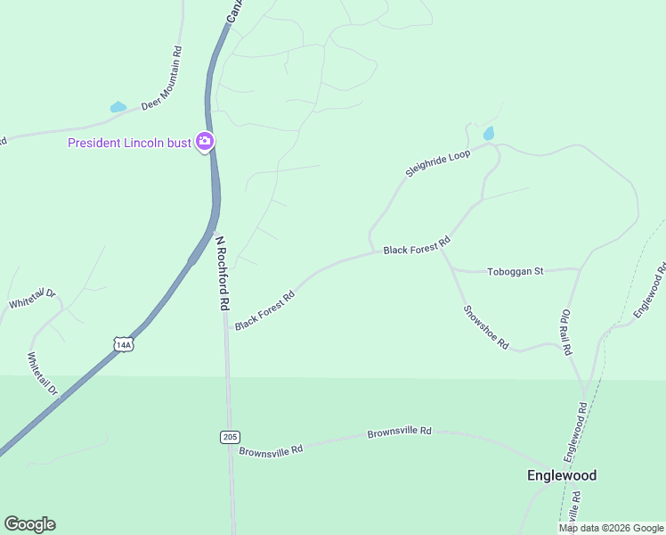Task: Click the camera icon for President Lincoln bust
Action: (206, 142)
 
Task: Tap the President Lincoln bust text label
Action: (130, 144)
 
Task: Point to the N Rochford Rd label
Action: (222, 272)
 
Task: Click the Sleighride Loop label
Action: (437, 163)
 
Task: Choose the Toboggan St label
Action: (515, 271)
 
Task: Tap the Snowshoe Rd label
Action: (486, 327)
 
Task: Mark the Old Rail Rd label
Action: (565, 333)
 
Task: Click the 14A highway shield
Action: (123, 344)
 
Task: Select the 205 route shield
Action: (230, 436)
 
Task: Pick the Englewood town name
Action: (561, 475)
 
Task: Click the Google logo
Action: (29, 524)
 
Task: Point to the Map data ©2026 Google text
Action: (611, 528)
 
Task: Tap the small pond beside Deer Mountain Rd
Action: (118, 107)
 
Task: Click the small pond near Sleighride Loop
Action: (488, 134)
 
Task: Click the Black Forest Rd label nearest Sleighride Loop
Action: (417, 246)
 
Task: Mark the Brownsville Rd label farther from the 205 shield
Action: (399, 432)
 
